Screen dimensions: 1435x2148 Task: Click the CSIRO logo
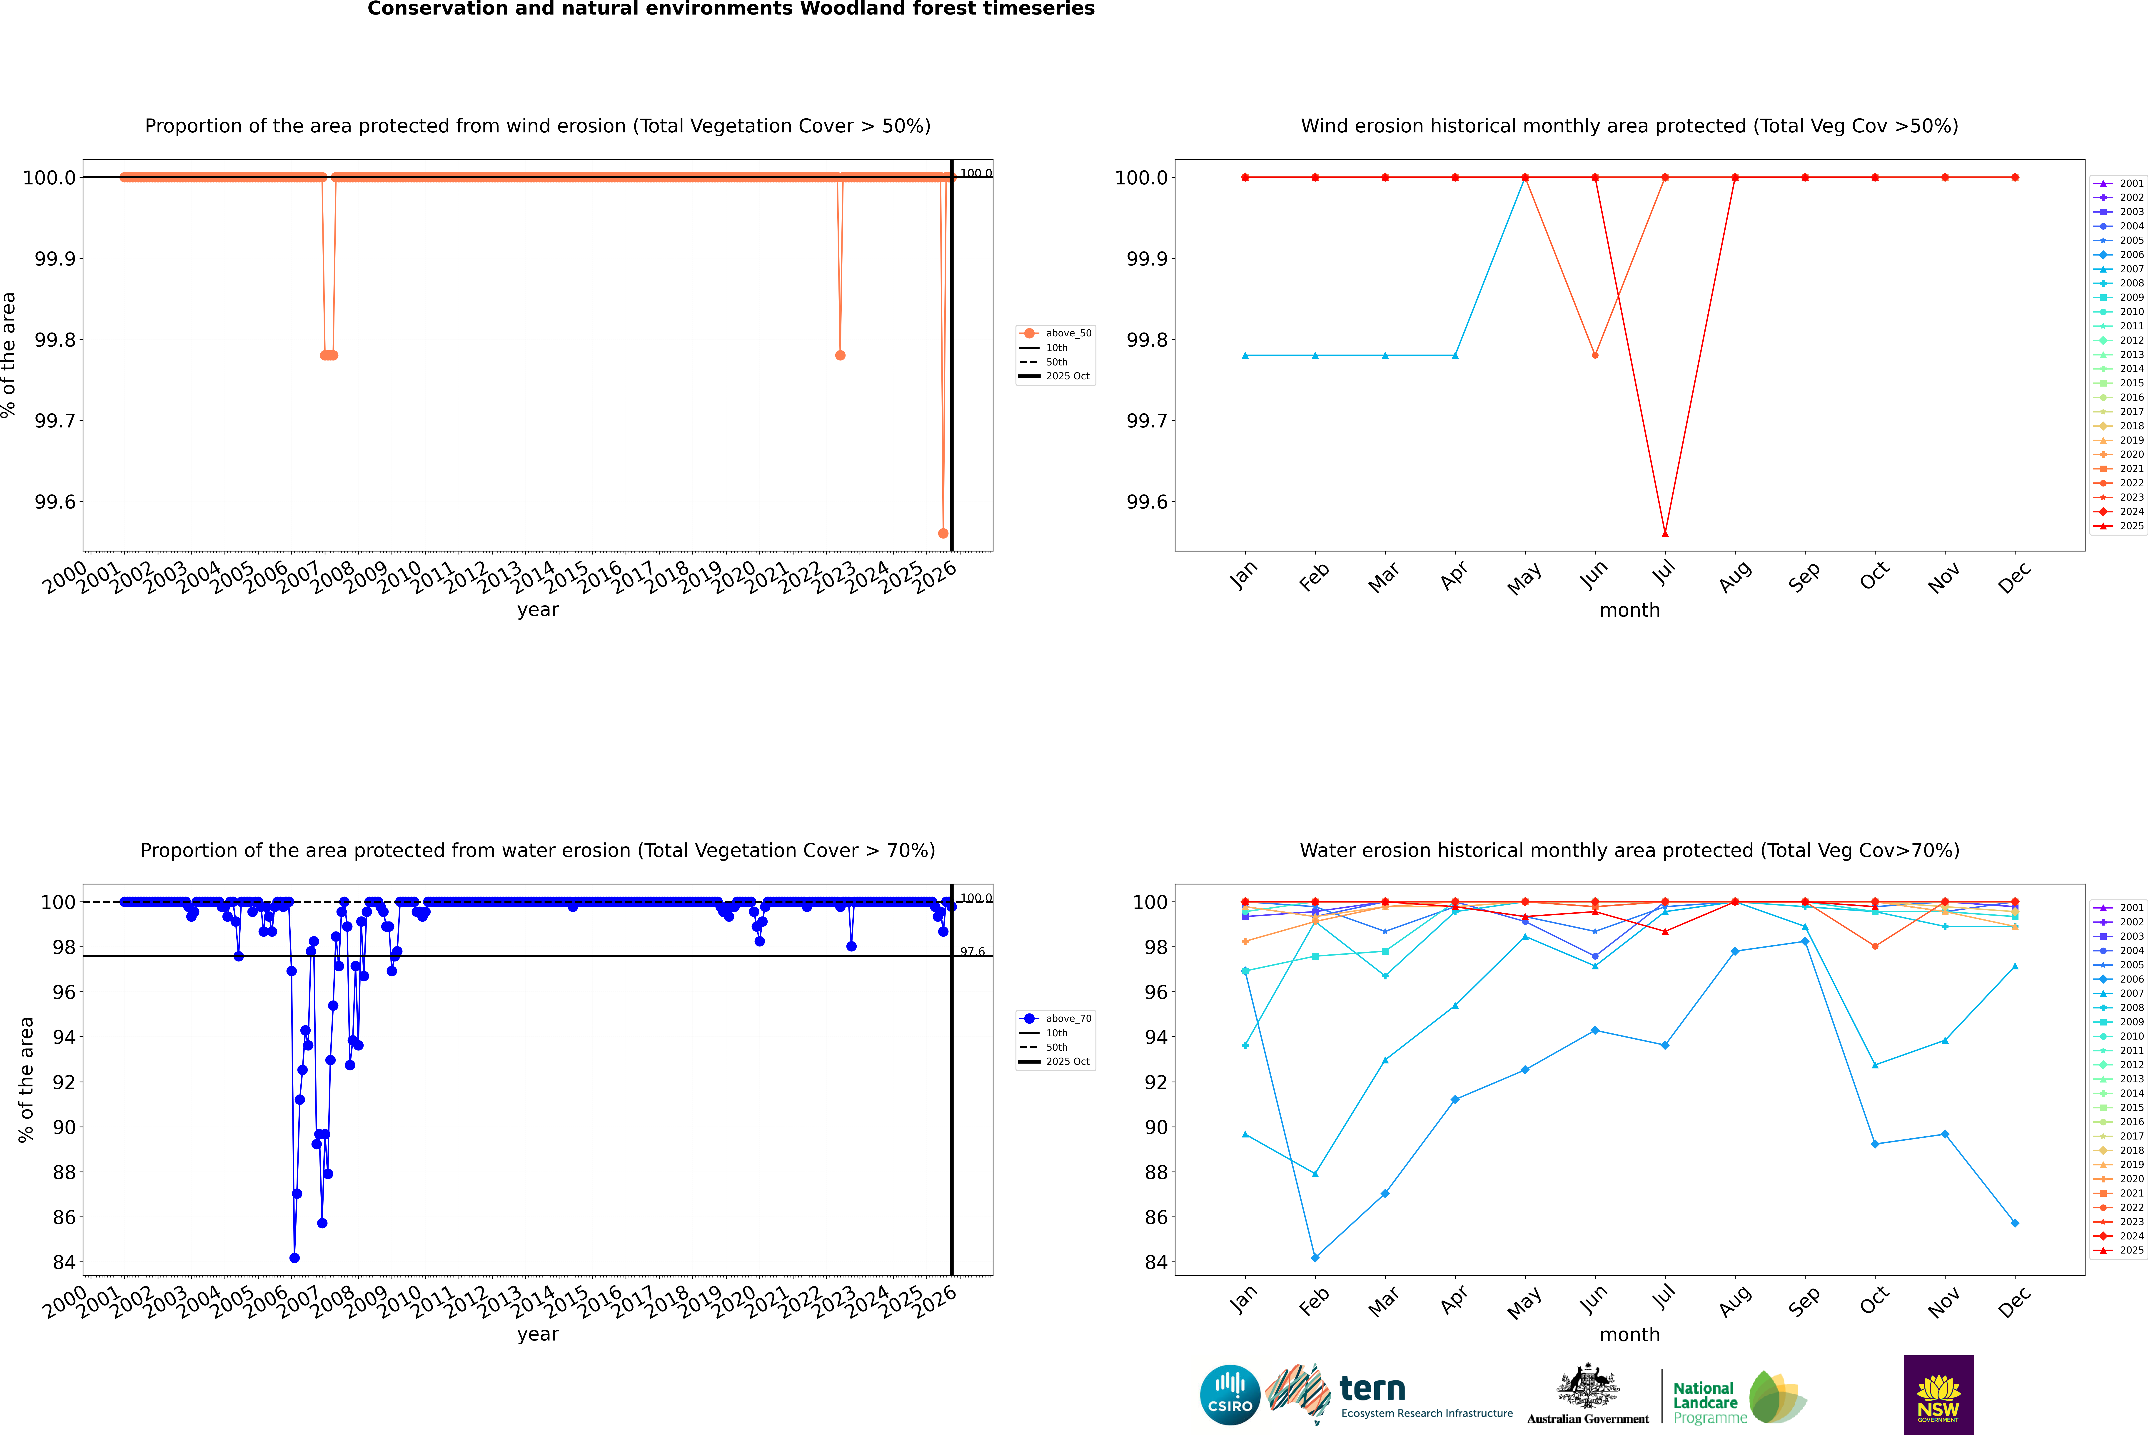[1230, 1395]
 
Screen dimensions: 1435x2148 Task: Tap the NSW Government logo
[1938, 1395]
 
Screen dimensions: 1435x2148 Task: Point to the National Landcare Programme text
[1705, 1402]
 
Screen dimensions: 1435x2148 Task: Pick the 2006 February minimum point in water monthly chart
[1315, 1257]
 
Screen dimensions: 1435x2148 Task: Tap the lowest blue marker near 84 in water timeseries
[294, 1257]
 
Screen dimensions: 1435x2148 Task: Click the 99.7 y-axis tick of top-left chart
[55, 421]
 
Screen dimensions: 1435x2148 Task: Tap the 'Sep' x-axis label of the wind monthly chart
[1804, 576]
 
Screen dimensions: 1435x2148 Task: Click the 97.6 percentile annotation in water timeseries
[972, 952]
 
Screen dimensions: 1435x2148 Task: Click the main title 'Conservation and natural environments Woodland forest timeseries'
[731, 9]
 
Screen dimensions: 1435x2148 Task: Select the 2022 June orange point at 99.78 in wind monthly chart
[1595, 355]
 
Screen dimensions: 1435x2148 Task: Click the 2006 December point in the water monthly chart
[2014, 1223]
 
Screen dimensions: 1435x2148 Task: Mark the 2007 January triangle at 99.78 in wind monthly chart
[1245, 355]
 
